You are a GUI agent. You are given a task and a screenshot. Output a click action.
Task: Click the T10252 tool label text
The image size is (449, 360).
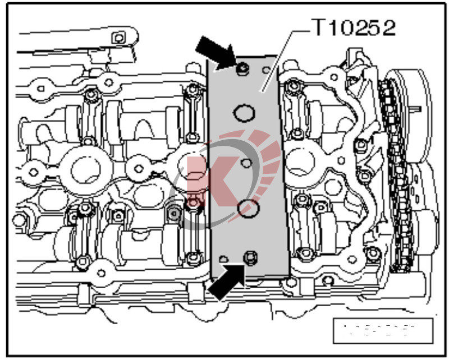353,27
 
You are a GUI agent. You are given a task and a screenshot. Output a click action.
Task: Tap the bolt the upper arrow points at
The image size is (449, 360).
242,69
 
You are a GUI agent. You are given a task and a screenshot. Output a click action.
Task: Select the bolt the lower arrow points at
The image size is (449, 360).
250,257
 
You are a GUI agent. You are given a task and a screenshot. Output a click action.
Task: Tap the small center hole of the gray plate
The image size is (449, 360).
245,163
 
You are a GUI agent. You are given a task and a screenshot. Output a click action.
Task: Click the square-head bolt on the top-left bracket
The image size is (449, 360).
118,38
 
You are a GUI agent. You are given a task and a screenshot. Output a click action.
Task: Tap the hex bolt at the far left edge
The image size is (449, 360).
20,219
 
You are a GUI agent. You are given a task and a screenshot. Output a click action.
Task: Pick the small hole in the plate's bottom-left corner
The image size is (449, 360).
223,258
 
